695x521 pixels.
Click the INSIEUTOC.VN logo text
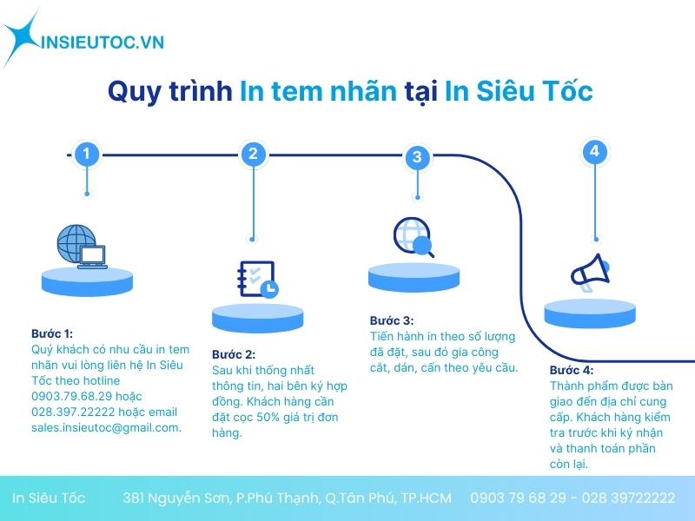[103, 41]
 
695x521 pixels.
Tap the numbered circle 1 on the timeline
[86, 155]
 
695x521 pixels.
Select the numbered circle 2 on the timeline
[252, 155]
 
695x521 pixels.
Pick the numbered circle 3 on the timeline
[417, 157]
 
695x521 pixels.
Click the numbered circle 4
[594, 152]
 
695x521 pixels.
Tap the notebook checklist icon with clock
[256, 280]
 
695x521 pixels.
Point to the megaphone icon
[592, 271]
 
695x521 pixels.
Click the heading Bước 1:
[52, 333]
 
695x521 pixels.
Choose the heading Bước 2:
[234, 354]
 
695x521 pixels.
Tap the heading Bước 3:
[392, 320]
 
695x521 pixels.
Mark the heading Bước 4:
[572, 370]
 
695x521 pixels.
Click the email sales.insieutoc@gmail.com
[106, 427]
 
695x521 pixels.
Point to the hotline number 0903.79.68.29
[69, 396]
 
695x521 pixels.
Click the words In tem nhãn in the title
[318, 91]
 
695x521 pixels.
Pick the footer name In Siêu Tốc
[49, 498]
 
